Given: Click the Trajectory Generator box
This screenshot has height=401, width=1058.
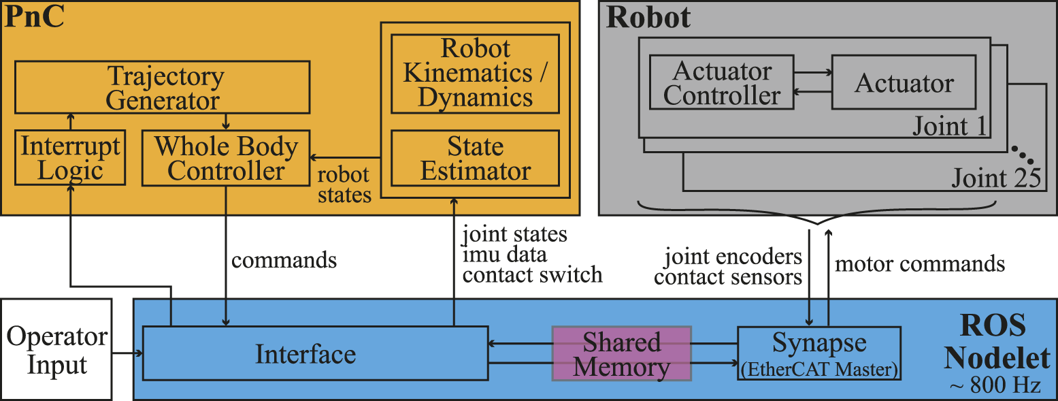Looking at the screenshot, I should click(x=162, y=87).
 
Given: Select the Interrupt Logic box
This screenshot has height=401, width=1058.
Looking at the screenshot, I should click(x=70, y=157).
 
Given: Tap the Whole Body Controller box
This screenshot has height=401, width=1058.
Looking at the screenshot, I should click(x=225, y=157).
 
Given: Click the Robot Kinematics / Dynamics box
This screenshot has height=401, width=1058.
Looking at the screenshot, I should click(x=475, y=73).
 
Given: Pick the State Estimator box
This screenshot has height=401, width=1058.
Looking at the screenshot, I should click(x=475, y=157).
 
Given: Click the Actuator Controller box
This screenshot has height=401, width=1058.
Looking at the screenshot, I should click(x=722, y=82).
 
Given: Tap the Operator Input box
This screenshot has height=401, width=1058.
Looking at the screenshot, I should click(x=56, y=349).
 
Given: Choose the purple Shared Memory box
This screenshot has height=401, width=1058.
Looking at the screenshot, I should click(x=621, y=353).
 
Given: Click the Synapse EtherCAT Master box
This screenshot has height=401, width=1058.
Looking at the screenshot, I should click(x=819, y=353).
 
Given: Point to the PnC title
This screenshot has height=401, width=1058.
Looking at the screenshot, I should click(x=35, y=17).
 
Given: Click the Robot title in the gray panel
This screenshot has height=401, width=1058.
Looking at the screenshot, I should click(x=648, y=18).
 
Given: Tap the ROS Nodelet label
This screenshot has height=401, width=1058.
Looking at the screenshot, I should click(x=997, y=341).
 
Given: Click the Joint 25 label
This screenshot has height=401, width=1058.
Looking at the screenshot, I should click(x=995, y=178).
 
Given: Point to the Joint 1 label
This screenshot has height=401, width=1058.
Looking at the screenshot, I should click(x=950, y=126).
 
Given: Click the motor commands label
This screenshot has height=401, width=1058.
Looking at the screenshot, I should click(x=919, y=263).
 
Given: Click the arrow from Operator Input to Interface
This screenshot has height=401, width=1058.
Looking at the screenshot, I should click(x=127, y=353).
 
